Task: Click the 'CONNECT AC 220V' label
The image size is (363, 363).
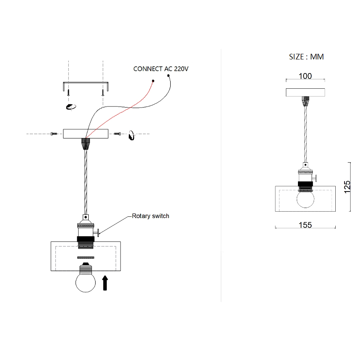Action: pyautogui.click(x=161, y=69)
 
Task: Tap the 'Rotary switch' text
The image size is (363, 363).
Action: pyautogui.click(x=151, y=216)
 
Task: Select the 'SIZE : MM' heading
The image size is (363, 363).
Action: pyautogui.click(x=306, y=57)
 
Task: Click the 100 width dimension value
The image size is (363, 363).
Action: pyautogui.click(x=305, y=76)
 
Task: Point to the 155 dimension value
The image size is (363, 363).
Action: pyautogui.click(x=305, y=225)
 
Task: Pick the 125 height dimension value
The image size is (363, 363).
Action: pyautogui.click(x=347, y=187)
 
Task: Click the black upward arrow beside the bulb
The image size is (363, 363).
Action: pyautogui.click(x=105, y=283)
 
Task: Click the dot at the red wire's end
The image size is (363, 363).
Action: pyautogui.click(x=153, y=81)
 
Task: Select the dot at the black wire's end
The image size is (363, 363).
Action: pyautogui.click(x=168, y=75)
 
